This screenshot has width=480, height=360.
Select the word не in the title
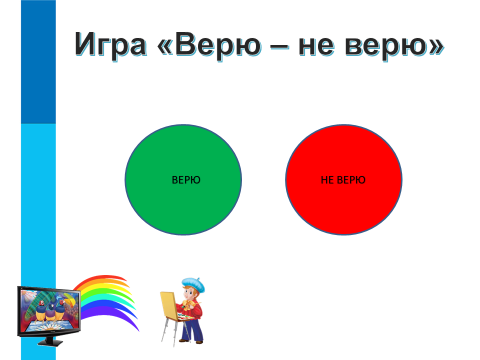tap(316, 46)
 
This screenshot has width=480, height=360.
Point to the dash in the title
tap(280, 47)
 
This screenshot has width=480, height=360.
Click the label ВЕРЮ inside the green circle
tap(186, 180)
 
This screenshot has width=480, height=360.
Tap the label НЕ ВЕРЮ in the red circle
tap(343, 180)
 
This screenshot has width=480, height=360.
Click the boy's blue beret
tap(194, 284)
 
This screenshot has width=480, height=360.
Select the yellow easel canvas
tap(169, 306)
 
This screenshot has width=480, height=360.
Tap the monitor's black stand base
tap(50, 342)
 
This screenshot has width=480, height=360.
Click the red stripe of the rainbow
tap(100, 279)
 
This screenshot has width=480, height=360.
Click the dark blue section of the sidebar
tap(38, 62)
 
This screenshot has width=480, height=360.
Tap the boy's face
tap(190, 293)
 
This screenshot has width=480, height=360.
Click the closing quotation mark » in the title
tap(436, 46)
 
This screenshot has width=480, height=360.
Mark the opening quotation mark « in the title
tap(165, 46)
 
